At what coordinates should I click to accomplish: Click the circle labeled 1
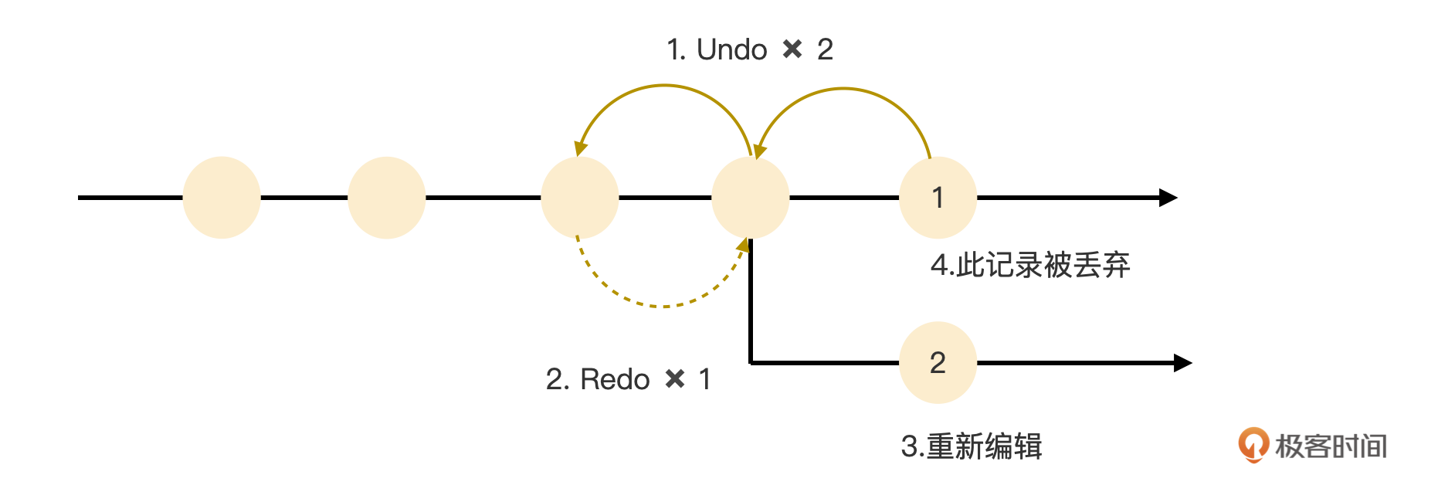938,198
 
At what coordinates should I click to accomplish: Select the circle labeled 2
938,362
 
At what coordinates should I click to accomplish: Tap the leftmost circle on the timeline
222,198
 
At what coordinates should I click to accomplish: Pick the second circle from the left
386,198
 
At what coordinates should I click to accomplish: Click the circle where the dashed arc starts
579,198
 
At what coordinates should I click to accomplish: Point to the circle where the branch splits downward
750,198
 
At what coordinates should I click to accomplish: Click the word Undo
731,50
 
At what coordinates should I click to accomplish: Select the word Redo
615,379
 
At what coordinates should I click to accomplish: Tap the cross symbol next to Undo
792,50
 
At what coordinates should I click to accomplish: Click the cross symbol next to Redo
675,379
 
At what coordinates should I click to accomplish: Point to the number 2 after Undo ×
825,50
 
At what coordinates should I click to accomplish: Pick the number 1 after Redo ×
704,379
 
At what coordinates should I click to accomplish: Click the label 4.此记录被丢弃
1030,265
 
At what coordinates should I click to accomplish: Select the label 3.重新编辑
972,446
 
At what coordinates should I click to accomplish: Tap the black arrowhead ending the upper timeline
1168,198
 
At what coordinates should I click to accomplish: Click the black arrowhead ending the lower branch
1182,362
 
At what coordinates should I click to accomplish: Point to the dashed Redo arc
663,306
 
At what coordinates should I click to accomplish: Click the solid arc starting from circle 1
844,90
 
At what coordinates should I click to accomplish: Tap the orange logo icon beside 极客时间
1253,445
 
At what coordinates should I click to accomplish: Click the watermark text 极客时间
1331,446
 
